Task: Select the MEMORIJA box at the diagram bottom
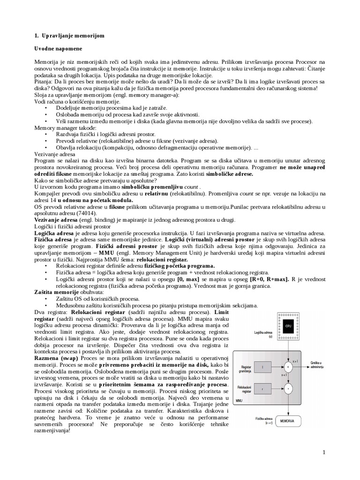[288, 421]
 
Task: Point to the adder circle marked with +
[288, 388]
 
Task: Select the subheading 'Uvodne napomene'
[59, 49]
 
